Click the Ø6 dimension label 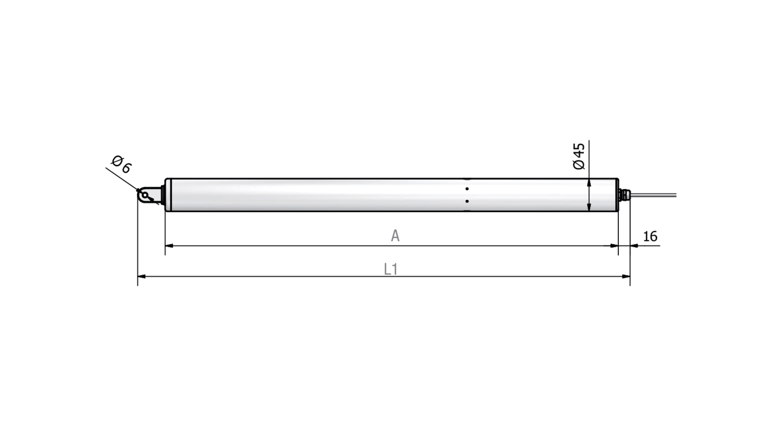click(122, 164)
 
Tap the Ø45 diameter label click(579, 156)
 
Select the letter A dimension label click(395, 236)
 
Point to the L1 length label click(391, 269)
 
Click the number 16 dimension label click(650, 236)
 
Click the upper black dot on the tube click(467, 189)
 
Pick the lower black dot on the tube click(467, 201)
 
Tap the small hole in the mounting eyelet click(145, 195)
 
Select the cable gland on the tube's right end click(624, 195)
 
